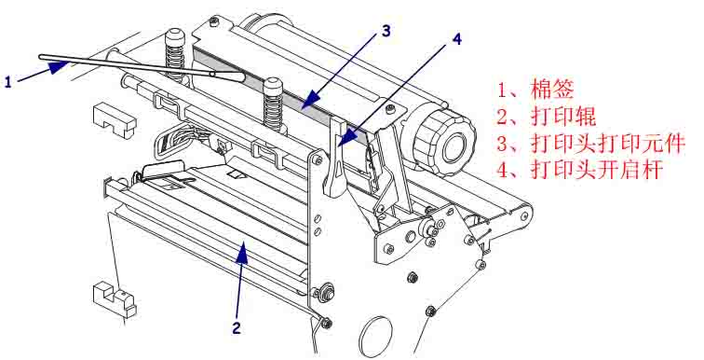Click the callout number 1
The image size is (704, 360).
tap(8, 82)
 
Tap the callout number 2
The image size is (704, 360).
tap(237, 328)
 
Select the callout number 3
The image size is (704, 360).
tap(386, 31)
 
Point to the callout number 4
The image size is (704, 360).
tap(456, 39)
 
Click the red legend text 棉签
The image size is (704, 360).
tap(552, 89)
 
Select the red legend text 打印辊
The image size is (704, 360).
tap(563, 117)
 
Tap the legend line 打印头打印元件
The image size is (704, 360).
tap(607, 144)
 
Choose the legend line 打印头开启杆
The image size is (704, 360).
tap(597, 171)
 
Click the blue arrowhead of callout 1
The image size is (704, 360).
tap(58, 67)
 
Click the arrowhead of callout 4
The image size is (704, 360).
tap(348, 137)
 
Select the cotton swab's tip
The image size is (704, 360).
tap(230, 76)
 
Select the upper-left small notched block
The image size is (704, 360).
tap(114, 119)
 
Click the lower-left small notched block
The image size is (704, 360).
tap(114, 298)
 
